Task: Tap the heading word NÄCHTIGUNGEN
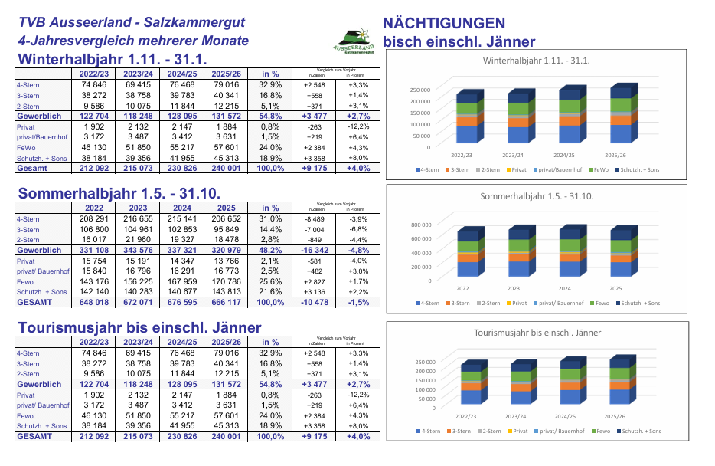(x=444, y=24)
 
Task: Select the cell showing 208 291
(x=93, y=218)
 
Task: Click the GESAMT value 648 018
(x=93, y=303)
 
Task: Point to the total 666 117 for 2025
(x=227, y=303)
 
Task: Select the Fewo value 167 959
(x=182, y=281)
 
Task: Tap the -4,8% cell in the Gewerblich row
(x=358, y=250)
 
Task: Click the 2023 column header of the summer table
(x=138, y=208)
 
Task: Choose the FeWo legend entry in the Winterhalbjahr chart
(x=599, y=169)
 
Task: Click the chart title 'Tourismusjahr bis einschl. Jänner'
(x=537, y=333)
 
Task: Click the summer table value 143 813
(x=227, y=292)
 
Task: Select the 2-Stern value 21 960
(x=138, y=239)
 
